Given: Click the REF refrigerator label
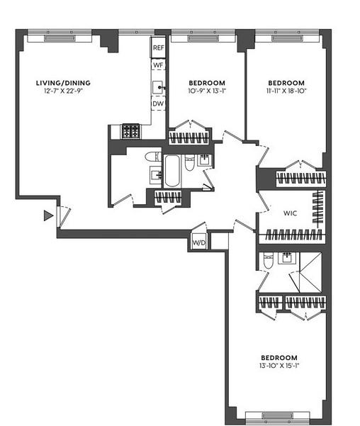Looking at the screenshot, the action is (x=158, y=47).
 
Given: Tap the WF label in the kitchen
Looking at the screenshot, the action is (x=158, y=65).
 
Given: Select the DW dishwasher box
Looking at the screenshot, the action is (x=158, y=103).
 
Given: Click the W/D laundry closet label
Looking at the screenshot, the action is (x=199, y=242).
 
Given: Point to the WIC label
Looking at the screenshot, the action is (x=290, y=213).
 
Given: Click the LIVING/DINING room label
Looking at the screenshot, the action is (x=63, y=83).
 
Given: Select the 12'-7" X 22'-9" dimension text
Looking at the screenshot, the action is (x=63, y=91).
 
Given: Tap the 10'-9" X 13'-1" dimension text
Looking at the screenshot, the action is (x=207, y=91).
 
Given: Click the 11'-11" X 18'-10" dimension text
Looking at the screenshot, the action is (x=286, y=91).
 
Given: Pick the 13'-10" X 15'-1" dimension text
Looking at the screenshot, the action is (x=279, y=366).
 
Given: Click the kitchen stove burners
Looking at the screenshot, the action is (x=131, y=131).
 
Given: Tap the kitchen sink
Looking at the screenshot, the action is (x=157, y=87).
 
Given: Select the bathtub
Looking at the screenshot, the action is (x=172, y=171).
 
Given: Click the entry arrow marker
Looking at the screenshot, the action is (x=48, y=215).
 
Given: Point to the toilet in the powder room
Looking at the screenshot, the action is (x=152, y=157).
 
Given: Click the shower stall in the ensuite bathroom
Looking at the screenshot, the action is (x=310, y=272).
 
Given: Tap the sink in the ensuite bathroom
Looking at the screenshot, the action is (x=287, y=257).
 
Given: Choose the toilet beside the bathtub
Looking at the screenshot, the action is (x=189, y=163).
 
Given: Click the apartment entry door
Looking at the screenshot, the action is (x=64, y=217).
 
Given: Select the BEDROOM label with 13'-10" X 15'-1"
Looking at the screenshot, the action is (x=279, y=357).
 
